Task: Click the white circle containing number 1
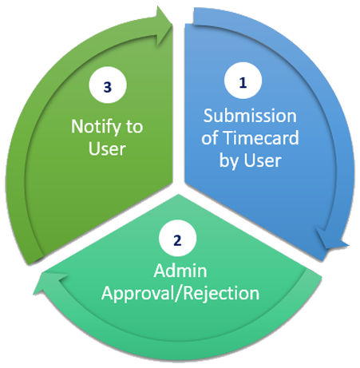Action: coord(243,81)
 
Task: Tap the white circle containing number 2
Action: coord(177,238)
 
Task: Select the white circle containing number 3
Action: coord(108,85)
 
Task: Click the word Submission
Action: coord(250,116)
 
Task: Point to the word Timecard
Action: coord(261,138)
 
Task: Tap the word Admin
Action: coord(180,271)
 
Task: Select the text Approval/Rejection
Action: coord(180,294)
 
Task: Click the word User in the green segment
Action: coord(107,148)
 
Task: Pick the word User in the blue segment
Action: coord(263,160)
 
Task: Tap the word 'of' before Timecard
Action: coord(210,138)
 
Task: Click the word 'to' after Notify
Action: coord(134,127)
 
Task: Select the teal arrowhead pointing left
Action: coord(49,284)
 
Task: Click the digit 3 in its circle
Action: coord(108,87)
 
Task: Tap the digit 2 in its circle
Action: coord(177,240)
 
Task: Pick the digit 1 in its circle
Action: coord(243,83)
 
